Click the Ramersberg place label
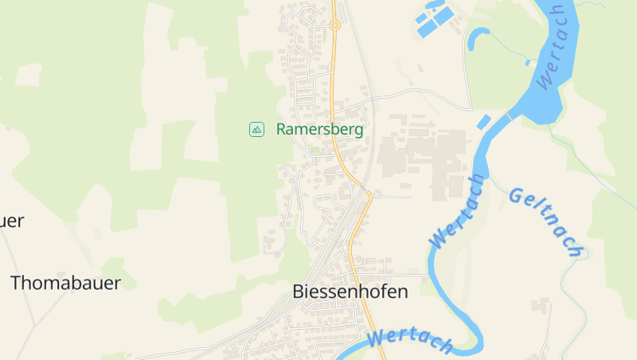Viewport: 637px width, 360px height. (x=319, y=129)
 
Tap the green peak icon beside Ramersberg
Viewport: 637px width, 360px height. (x=256, y=129)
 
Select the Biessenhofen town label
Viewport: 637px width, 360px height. (x=350, y=292)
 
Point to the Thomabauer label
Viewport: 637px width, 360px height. (x=65, y=283)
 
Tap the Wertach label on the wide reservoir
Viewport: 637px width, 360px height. (x=551, y=46)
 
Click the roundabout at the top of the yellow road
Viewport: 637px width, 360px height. (x=335, y=25)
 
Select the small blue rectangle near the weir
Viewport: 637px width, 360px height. (x=483, y=122)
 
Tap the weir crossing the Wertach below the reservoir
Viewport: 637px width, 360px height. (x=507, y=114)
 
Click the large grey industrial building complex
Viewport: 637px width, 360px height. (x=422, y=155)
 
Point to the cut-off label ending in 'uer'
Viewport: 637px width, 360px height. (x=11, y=221)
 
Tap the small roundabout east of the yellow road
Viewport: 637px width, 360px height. (x=377, y=194)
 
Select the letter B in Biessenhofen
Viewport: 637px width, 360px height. (x=299, y=292)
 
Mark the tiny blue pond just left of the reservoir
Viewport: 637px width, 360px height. (x=528, y=61)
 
